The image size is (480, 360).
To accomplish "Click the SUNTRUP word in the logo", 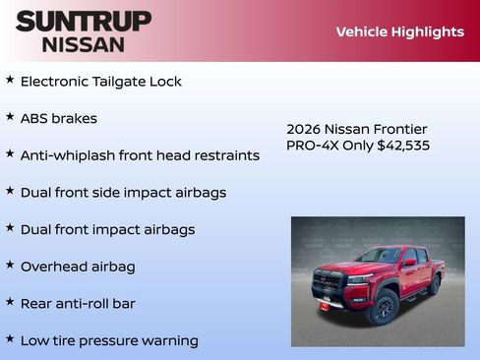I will (84, 21).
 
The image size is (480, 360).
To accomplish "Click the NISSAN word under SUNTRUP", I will (84, 43).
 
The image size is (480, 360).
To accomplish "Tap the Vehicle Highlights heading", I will (399, 31).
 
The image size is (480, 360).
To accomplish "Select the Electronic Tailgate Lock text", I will (100, 82).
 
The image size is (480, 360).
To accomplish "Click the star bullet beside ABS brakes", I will (10, 116).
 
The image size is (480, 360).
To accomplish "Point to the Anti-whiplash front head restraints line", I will (140, 155).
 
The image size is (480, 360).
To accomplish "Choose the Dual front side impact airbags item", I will (123, 193).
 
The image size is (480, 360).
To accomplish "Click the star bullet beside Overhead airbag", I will (10, 265).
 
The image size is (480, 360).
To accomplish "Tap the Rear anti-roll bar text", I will (78, 304).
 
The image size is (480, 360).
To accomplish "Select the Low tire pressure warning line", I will (109, 341).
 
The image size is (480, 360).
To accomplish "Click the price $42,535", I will (403, 146).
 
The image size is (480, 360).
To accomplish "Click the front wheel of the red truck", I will (383, 307).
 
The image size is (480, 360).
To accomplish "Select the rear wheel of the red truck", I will (433, 285).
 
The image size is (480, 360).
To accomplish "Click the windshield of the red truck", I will (379, 256).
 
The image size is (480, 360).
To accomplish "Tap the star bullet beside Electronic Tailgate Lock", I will (10, 80).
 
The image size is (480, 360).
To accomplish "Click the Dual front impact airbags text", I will (107, 230).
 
